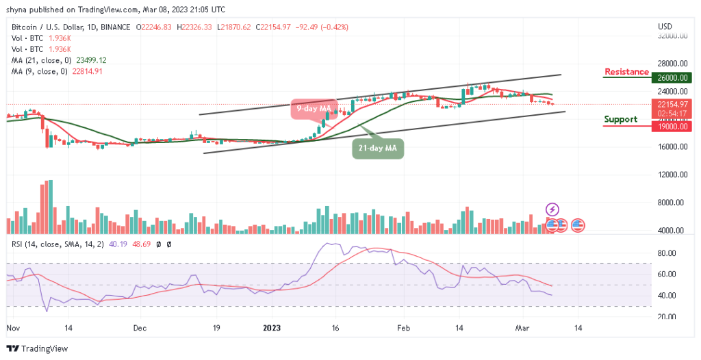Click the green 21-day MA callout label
point(378,147)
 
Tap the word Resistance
point(626,72)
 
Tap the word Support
point(620,119)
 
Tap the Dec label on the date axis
point(140,328)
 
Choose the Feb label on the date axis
point(404,328)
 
